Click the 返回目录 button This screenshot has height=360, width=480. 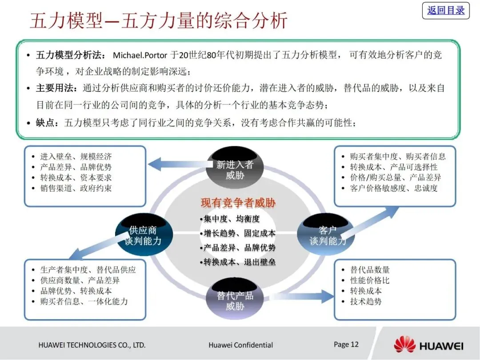point(445,10)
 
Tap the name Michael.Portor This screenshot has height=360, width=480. point(140,56)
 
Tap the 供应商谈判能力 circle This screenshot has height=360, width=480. point(143,236)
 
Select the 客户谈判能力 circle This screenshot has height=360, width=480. point(327,236)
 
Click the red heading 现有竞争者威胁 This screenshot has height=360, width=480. point(238,204)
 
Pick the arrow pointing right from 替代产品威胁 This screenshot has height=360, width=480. point(302,296)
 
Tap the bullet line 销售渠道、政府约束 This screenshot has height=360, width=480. point(76,188)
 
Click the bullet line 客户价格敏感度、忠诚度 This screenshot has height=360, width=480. point(393,188)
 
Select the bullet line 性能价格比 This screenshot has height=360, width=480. point(370,280)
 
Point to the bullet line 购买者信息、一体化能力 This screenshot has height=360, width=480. point(84,301)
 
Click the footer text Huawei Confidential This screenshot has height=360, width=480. point(240,345)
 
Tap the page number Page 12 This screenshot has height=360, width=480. point(346,344)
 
